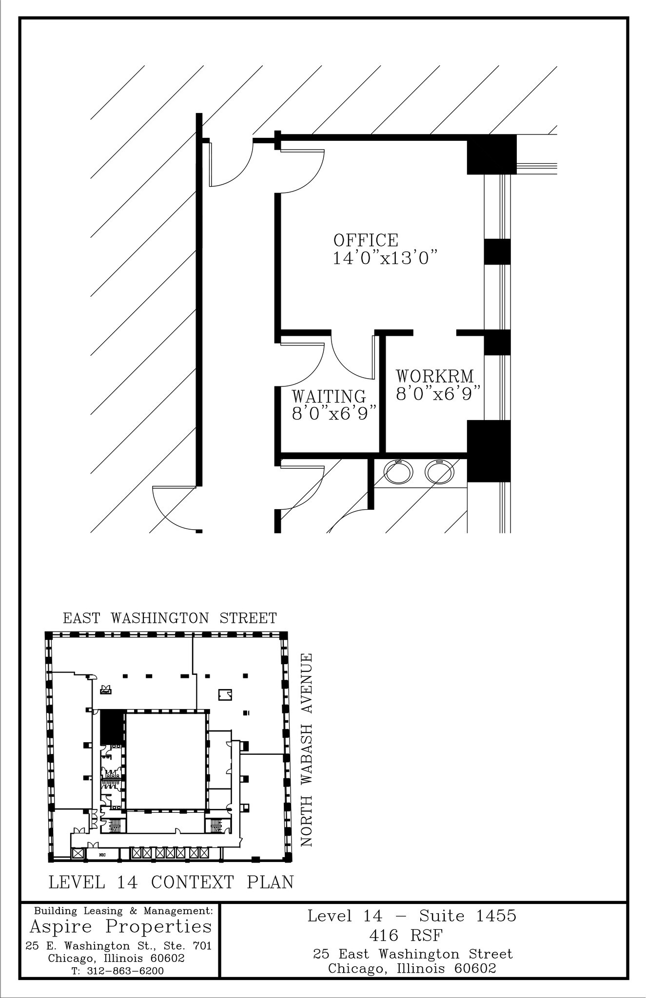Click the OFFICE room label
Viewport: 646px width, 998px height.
click(x=366, y=240)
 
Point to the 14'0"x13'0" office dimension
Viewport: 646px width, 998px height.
click(x=385, y=258)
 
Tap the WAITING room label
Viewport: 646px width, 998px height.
click(x=329, y=396)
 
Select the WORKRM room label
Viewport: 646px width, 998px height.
click(x=434, y=376)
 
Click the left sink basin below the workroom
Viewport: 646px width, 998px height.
click(x=398, y=472)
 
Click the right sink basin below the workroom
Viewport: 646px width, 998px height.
click(x=439, y=472)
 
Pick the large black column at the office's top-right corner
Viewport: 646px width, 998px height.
click(x=491, y=154)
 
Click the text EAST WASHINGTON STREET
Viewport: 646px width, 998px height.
click(x=170, y=618)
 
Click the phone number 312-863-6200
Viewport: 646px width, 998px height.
click(x=125, y=971)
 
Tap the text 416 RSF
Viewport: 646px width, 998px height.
click(x=406, y=936)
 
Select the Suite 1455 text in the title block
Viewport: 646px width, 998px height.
click(x=467, y=916)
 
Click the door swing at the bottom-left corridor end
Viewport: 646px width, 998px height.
click(x=173, y=509)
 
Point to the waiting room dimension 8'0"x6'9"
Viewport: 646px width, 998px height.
click(x=335, y=414)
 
